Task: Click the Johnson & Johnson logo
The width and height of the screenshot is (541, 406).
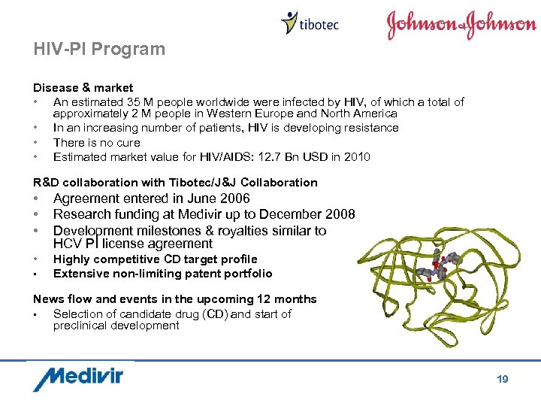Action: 461,25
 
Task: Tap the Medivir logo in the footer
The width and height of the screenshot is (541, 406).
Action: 77,378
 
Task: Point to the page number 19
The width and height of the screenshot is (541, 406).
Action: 503,379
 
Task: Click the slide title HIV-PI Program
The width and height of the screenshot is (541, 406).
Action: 98,50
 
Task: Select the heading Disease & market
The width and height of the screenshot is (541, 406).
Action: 83,88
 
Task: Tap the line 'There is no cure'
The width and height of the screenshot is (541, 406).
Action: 96,143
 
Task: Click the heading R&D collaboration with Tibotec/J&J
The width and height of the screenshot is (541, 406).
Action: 175,182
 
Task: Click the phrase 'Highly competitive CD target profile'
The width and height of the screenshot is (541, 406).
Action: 155,259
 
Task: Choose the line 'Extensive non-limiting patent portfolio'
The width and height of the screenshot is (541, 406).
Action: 162,274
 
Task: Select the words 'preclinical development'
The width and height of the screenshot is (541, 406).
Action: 116,326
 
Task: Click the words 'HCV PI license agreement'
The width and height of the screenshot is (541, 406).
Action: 133,244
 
